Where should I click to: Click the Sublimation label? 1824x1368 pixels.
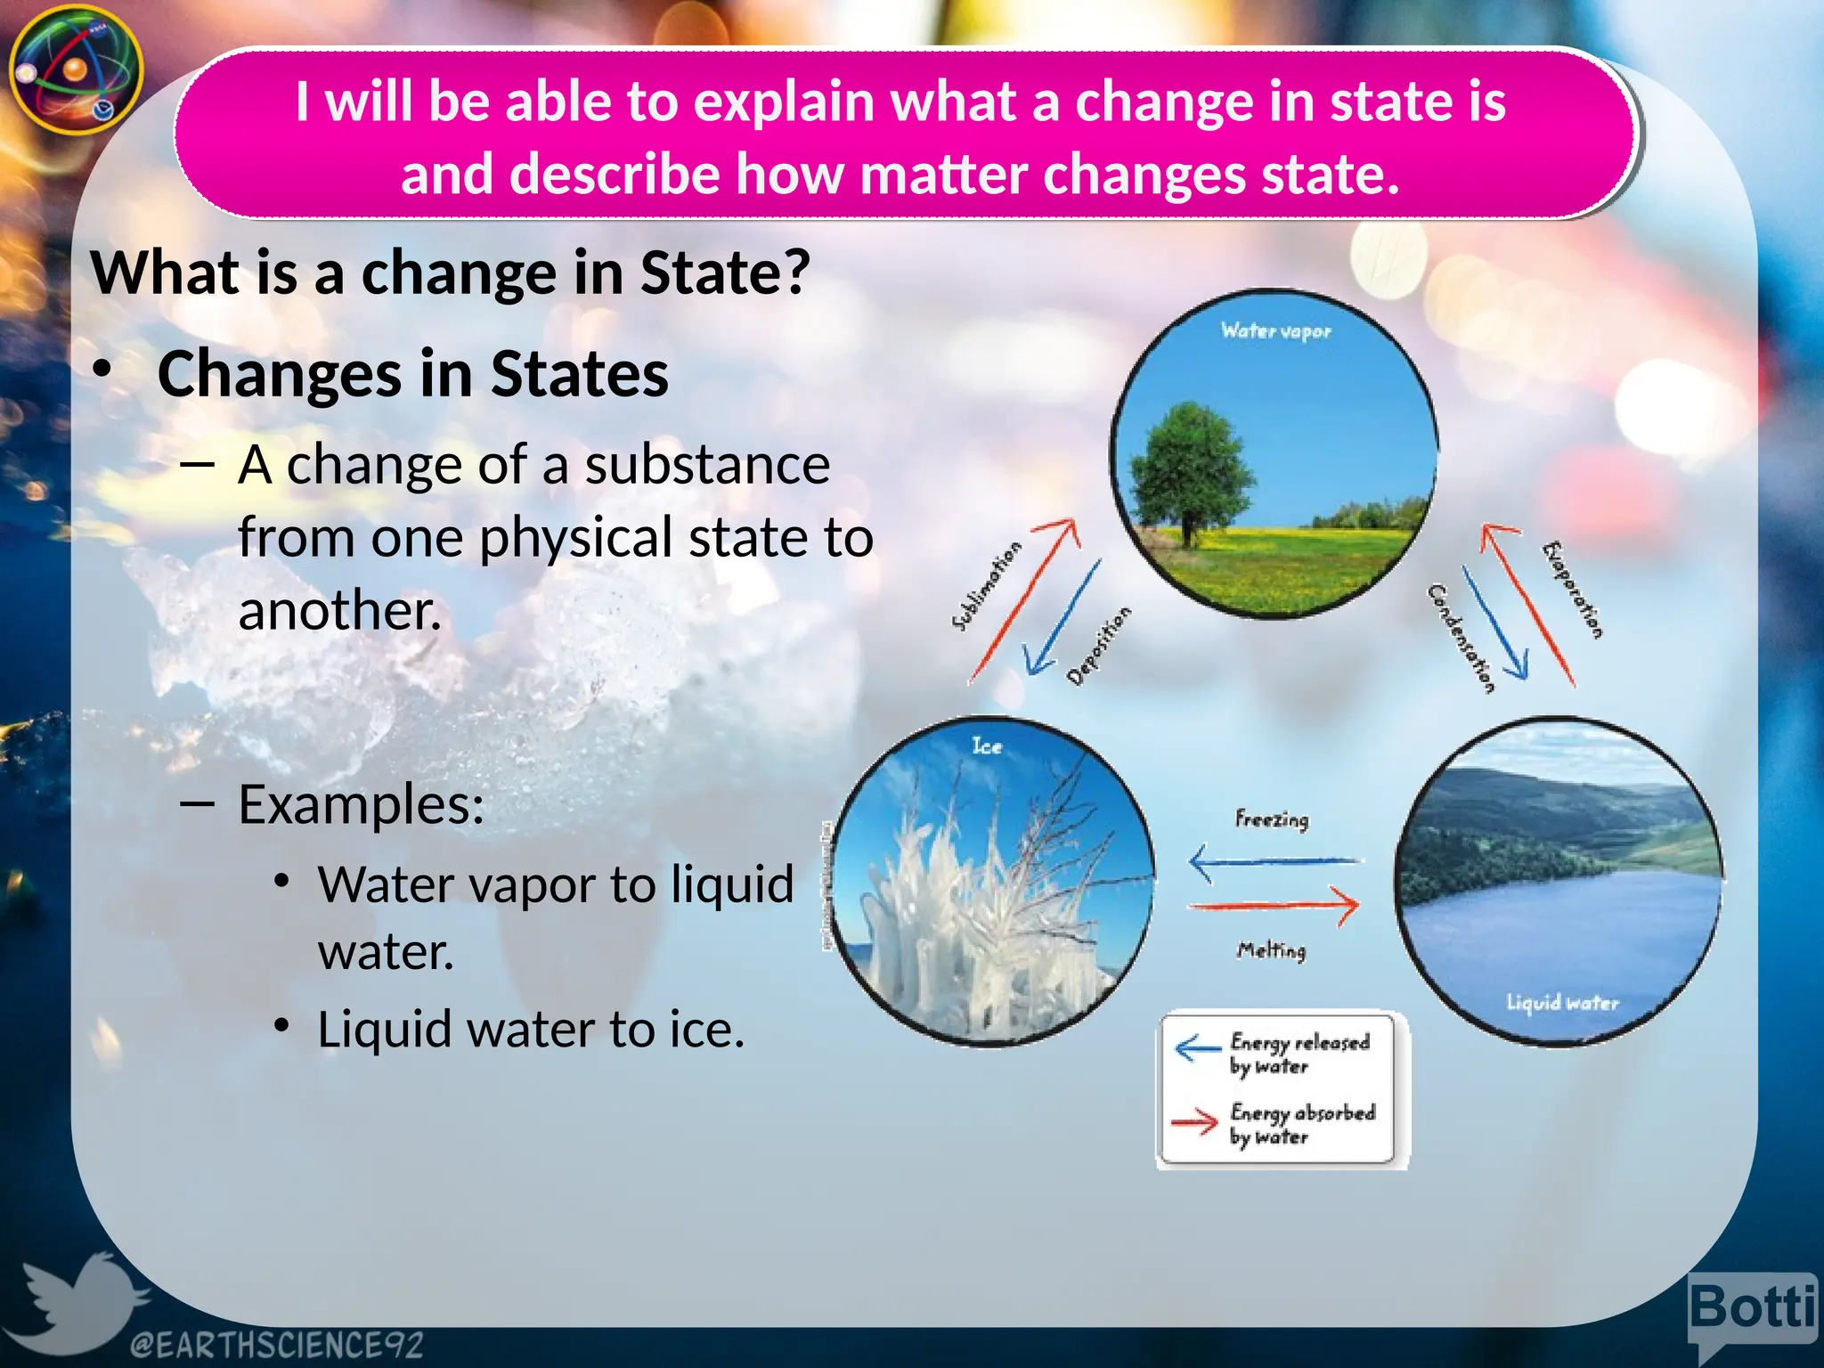click(986, 586)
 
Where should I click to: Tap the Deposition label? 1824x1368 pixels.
click(1099, 646)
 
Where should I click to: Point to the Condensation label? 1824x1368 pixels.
click(1460, 638)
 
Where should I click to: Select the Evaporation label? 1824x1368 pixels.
click(1572, 590)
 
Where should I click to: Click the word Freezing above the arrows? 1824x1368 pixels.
click(1272, 818)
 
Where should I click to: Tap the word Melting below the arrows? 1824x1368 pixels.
click(1271, 950)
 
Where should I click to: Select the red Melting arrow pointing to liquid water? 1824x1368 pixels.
click(1274, 906)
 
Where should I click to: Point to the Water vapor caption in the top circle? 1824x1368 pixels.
click(1275, 331)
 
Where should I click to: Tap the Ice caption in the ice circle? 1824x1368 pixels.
click(987, 746)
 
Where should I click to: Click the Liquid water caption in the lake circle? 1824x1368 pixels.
click(1562, 1003)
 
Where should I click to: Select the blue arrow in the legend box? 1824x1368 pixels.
click(1197, 1048)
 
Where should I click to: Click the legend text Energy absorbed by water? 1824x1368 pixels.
click(1302, 1124)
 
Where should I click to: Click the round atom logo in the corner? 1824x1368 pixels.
click(76, 69)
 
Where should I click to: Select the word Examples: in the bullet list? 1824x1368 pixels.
click(361, 804)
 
